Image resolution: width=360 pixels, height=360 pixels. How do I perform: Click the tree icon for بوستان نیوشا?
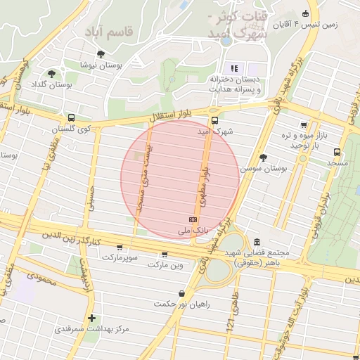pos(101,54)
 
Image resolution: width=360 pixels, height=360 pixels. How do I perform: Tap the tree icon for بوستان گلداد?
pos(51,73)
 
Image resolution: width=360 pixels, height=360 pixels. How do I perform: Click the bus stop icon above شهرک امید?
pos(214,120)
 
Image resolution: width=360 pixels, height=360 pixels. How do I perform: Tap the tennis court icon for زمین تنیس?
pos(305,13)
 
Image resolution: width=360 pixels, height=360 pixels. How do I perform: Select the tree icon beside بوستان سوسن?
pos(263,157)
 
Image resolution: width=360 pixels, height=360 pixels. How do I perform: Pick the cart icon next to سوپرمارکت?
pos(120,247)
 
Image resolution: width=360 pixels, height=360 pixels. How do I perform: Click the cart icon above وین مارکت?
pos(165,255)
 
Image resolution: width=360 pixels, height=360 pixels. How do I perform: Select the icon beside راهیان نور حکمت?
pos(182,293)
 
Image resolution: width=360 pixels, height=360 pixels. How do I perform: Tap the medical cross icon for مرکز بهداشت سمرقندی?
pos(91,319)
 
